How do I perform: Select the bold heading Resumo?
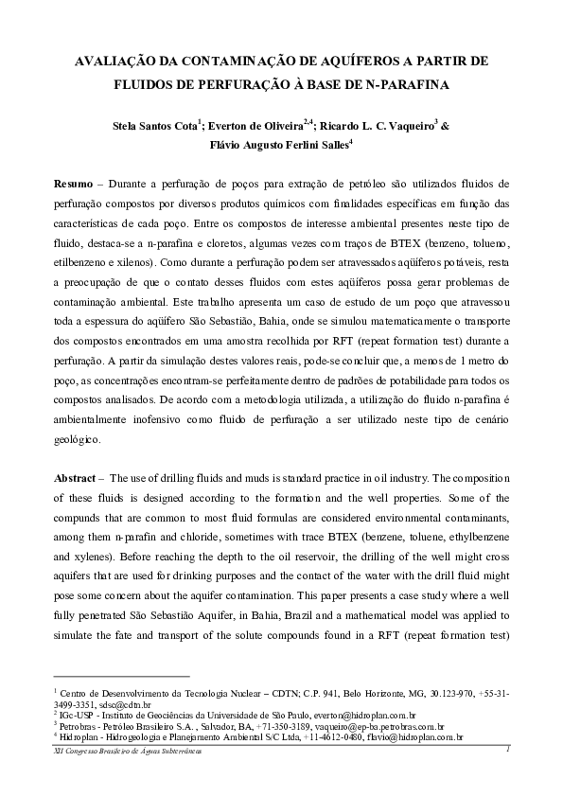(73, 182)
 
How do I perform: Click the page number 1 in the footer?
(508, 749)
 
